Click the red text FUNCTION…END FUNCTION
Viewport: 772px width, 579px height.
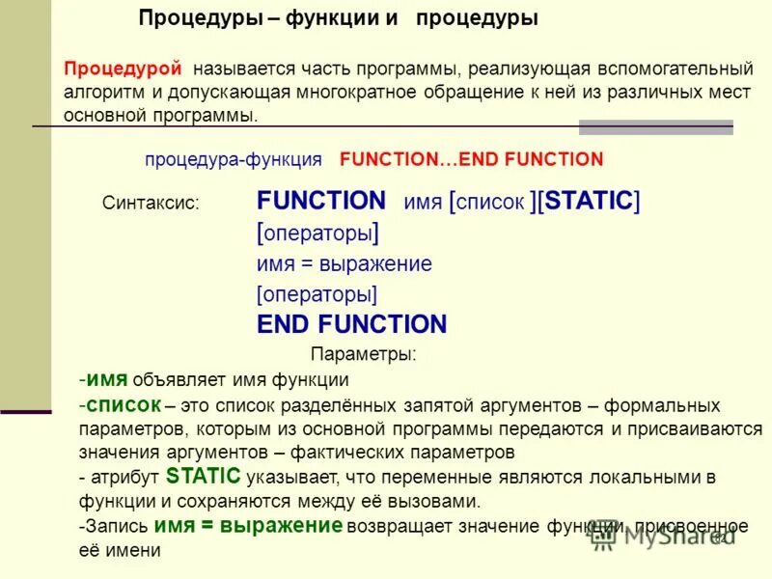[x=471, y=159]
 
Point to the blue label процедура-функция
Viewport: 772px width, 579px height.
[x=234, y=159]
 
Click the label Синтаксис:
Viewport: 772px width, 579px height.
[x=151, y=204]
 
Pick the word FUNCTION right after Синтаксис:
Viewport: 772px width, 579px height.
[x=320, y=201]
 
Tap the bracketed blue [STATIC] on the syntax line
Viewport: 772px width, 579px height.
[x=589, y=201]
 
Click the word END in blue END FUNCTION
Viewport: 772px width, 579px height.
[x=285, y=324]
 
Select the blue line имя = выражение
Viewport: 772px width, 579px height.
[x=344, y=263]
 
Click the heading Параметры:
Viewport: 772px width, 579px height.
[x=364, y=354]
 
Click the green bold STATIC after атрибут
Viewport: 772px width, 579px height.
[x=203, y=476]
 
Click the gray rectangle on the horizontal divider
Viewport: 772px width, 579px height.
[x=655, y=126]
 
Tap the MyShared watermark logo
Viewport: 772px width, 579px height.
[x=666, y=535]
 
